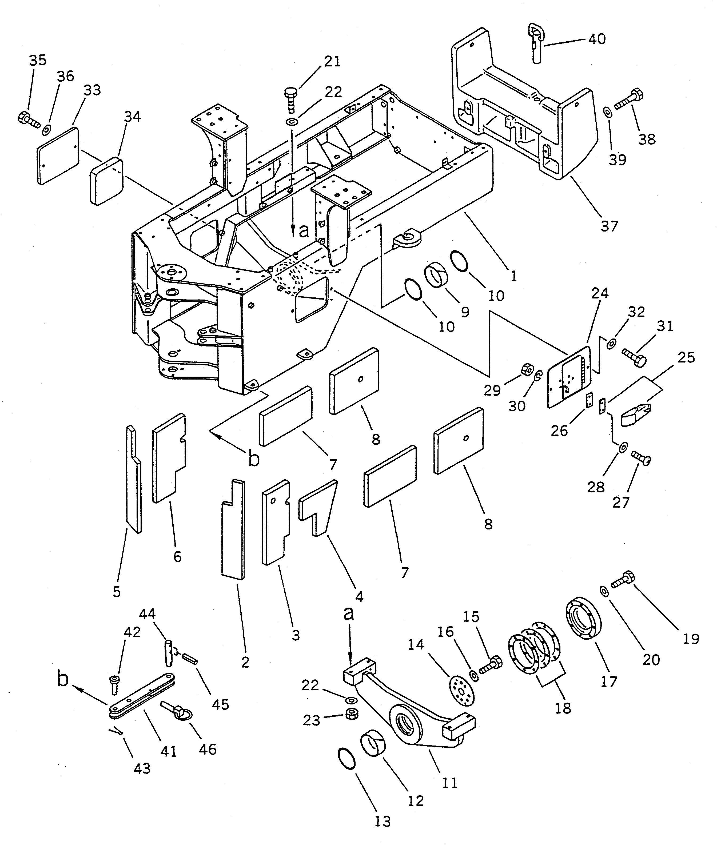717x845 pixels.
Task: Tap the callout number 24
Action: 600,293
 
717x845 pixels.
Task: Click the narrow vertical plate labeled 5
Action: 133,480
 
